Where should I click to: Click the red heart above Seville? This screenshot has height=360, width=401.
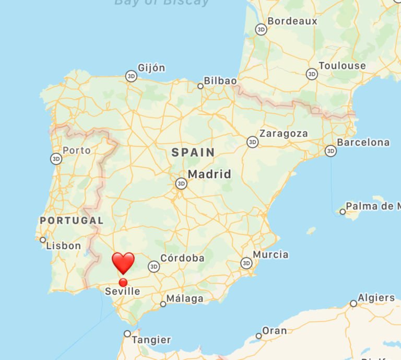click(123, 262)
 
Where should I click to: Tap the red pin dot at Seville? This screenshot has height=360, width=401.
click(123, 283)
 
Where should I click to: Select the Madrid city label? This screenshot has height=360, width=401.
click(209, 174)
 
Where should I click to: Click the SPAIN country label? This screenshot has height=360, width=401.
click(193, 153)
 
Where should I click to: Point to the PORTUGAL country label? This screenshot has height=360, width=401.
click(72, 220)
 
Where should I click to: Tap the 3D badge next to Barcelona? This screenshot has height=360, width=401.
click(331, 151)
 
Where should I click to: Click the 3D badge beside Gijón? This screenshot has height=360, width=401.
click(131, 77)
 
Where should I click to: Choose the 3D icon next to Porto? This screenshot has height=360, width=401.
click(56, 159)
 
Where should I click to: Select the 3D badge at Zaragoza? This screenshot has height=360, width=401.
click(253, 142)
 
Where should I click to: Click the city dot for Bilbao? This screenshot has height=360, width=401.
click(200, 86)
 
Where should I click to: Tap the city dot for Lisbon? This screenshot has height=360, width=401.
click(43, 240)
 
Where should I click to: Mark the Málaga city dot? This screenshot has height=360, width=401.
click(163, 304)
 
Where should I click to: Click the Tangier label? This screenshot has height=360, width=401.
click(151, 340)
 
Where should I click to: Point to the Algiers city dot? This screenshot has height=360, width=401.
click(353, 303)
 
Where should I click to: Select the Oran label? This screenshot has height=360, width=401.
click(274, 331)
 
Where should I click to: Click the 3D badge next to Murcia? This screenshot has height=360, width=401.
click(246, 263)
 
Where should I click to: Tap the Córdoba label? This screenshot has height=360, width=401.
click(182, 258)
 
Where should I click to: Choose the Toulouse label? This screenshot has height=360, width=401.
click(342, 66)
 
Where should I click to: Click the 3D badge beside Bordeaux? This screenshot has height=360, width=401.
click(261, 30)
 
